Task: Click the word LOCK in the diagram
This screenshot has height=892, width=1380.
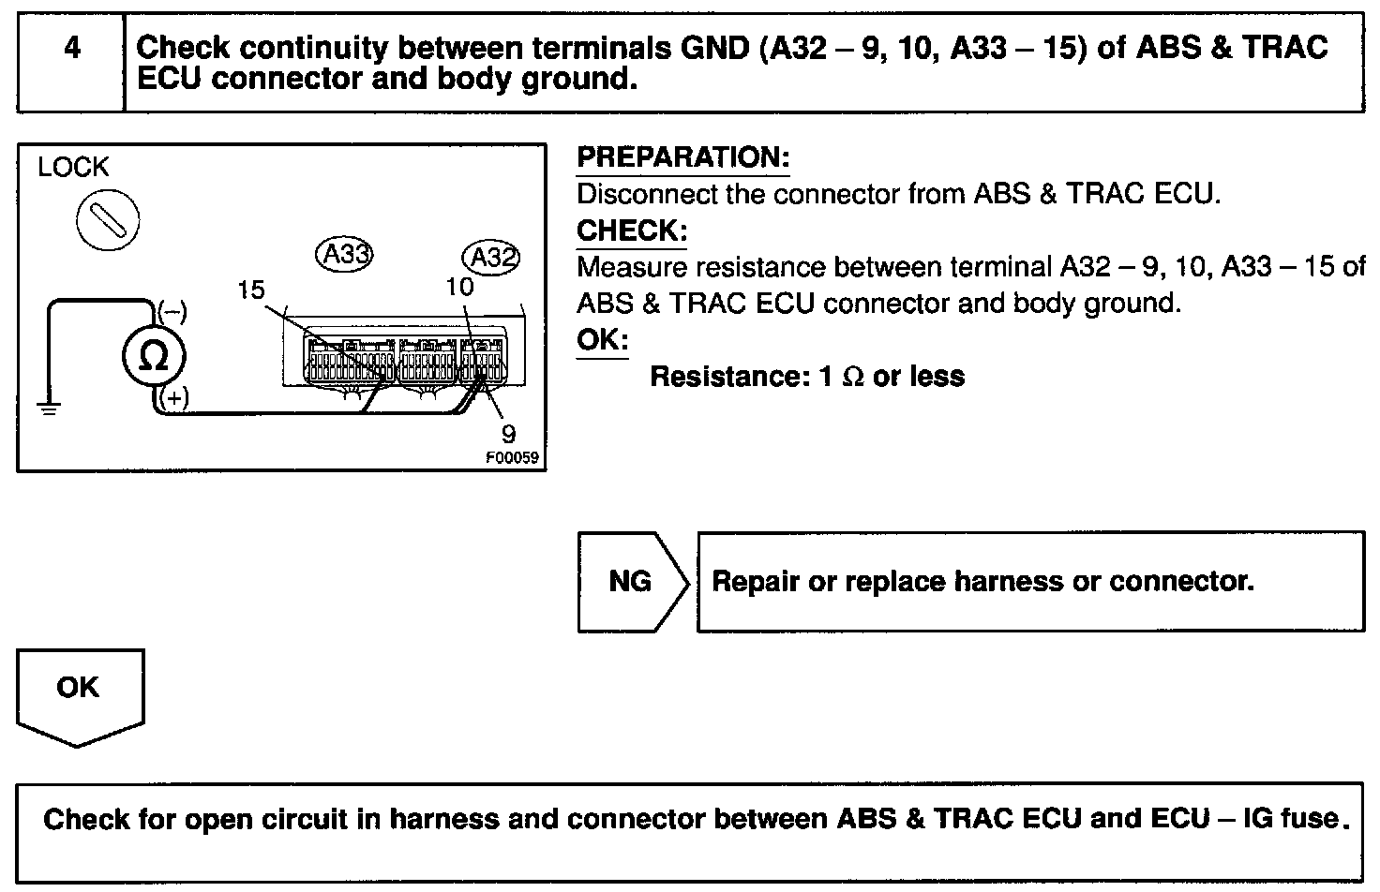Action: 73,168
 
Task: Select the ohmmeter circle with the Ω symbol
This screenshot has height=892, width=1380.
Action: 154,357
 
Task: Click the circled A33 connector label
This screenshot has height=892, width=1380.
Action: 344,255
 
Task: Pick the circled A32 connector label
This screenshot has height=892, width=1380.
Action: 491,257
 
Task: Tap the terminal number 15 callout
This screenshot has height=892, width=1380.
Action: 250,290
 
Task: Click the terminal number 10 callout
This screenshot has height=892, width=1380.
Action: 459,287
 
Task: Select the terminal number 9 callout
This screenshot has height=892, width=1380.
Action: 508,433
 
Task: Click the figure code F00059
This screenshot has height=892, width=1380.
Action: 514,459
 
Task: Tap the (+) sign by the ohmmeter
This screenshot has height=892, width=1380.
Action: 173,399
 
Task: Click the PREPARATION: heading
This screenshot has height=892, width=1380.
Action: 682,157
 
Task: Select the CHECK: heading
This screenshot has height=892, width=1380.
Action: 631,230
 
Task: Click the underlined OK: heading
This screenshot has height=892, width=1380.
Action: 602,340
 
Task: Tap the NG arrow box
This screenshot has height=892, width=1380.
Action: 631,582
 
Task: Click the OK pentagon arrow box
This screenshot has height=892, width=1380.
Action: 79,693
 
